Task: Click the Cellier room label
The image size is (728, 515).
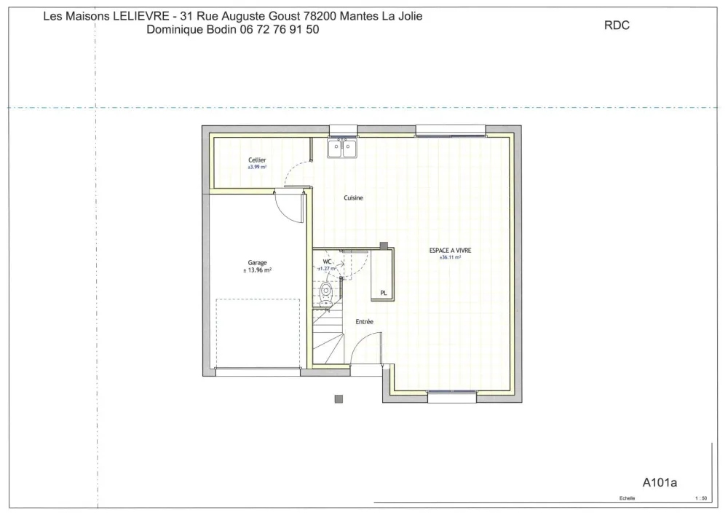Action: (x=257, y=160)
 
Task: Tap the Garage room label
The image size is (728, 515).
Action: (x=257, y=263)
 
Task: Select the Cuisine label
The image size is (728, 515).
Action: (x=354, y=197)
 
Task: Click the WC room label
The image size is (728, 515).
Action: (x=328, y=261)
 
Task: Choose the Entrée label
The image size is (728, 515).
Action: (x=364, y=321)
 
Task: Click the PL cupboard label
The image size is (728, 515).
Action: (x=383, y=293)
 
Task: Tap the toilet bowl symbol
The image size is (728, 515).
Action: (x=327, y=293)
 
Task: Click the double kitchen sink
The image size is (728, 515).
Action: (x=342, y=149)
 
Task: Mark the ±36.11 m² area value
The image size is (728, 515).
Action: (x=450, y=258)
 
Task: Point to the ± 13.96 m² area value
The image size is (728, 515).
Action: (x=257, y=270)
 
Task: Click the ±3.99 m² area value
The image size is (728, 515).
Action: (x=257, y=167)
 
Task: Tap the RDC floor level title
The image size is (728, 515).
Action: (x=617, y=25)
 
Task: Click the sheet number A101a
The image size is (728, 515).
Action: (x=660, y=481)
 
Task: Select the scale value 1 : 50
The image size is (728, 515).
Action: (x=701, y=499)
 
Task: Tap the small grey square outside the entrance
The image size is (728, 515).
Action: (x=339, y=398)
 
